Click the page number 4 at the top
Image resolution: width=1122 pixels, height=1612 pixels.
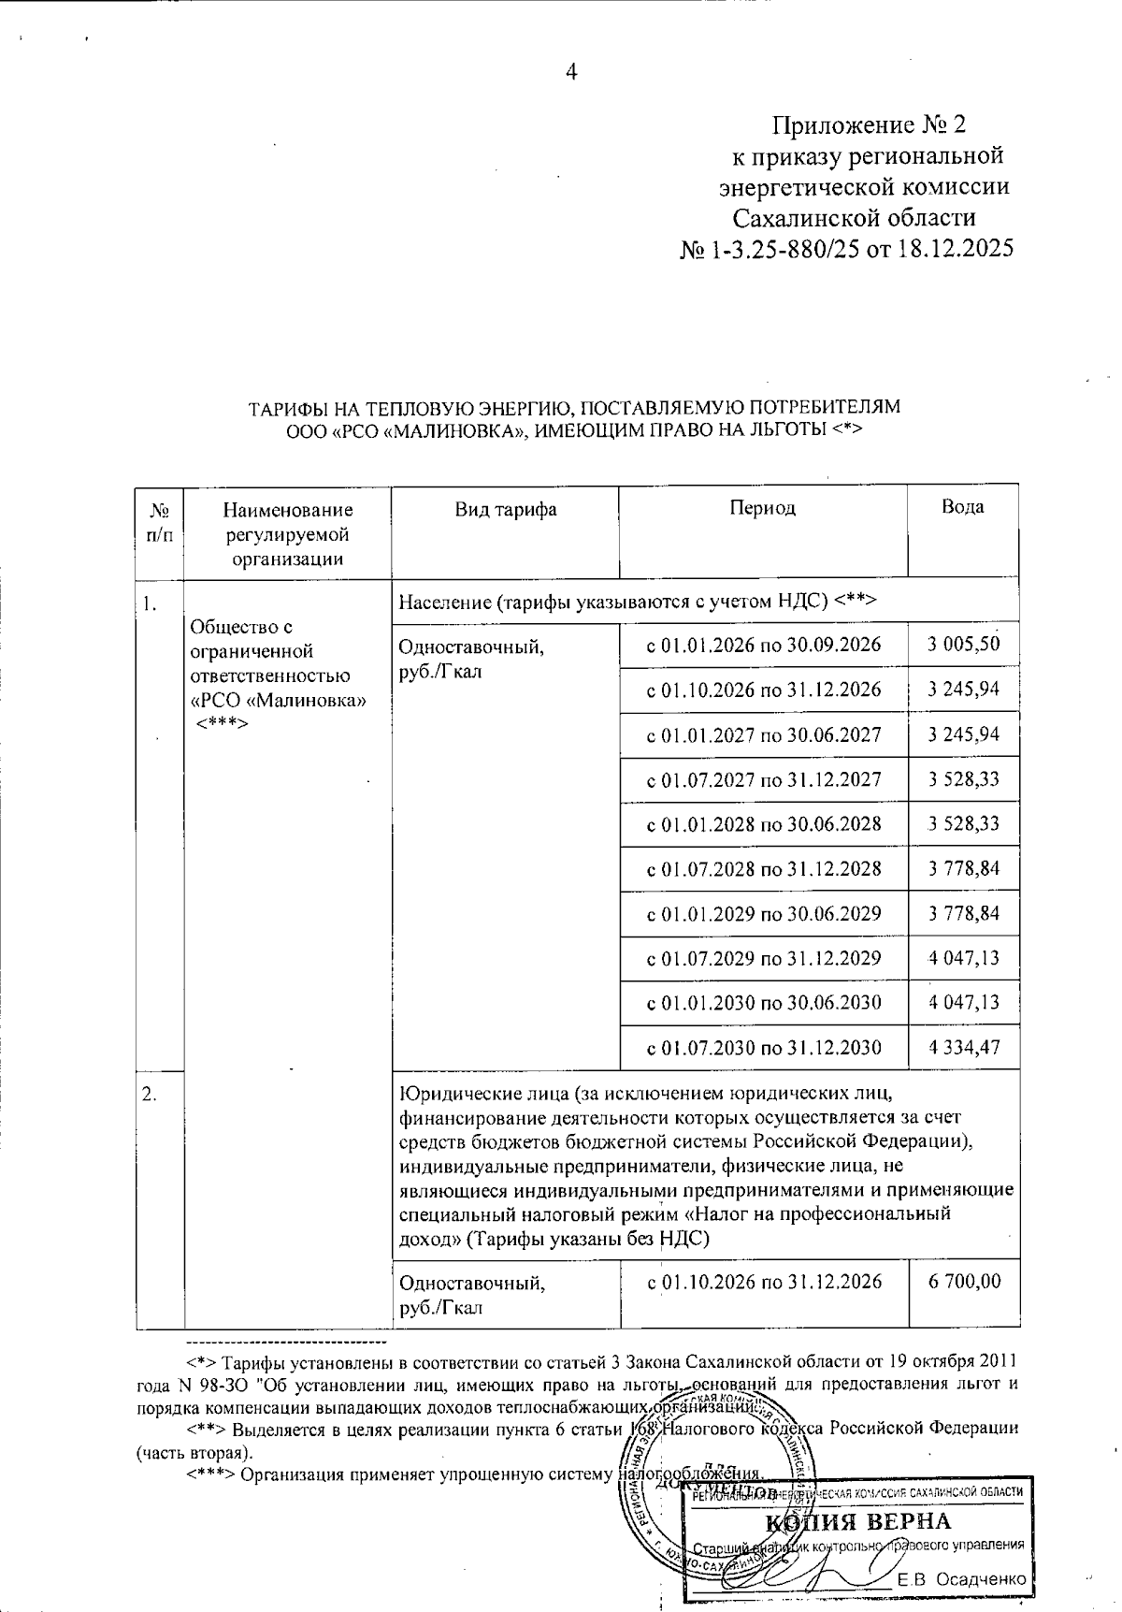(572, 72)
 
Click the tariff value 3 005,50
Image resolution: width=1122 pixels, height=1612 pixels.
(964, 644)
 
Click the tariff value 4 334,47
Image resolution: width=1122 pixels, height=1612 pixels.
(964, 1047)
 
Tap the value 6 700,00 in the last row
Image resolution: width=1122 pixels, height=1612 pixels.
(964, 1281)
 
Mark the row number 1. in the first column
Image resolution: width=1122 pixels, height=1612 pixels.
(149, 603)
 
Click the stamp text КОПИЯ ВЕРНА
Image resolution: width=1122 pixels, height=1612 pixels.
(857, 1519)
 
